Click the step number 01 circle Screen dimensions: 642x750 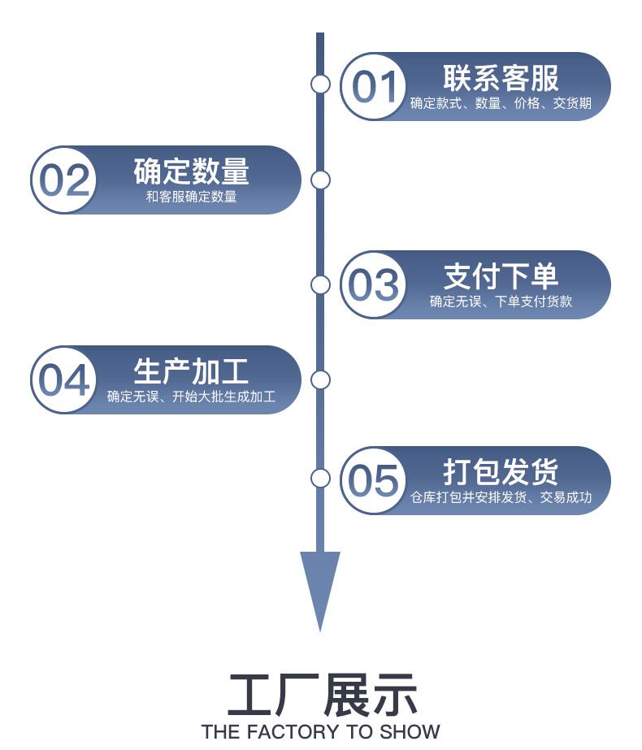374,87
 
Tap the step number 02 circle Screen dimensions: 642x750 64,180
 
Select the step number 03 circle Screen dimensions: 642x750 374,284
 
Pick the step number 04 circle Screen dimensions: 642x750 64,379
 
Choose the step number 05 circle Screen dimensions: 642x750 374,480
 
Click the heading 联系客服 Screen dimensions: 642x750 501,79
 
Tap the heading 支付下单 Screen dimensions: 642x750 501,276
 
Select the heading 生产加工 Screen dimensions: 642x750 191,371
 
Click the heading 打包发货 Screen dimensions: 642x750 501,472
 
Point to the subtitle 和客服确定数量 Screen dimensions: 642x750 191,197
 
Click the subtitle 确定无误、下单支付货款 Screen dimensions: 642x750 501,301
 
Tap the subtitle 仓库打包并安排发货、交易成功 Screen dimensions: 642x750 501,497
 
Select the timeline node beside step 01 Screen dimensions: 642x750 320,84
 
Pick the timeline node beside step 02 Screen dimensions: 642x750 320,180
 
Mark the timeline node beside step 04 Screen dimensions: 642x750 320,379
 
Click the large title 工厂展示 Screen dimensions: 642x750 321,695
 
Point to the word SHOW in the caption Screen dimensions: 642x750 409,731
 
